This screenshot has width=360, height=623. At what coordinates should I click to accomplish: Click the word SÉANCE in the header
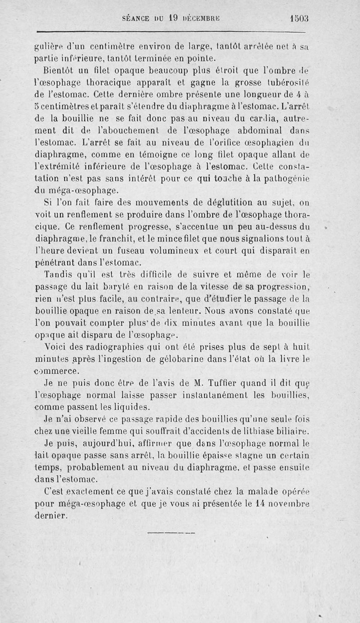(136, 19)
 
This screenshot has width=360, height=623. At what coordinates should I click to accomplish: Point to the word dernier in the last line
(51, 515)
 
